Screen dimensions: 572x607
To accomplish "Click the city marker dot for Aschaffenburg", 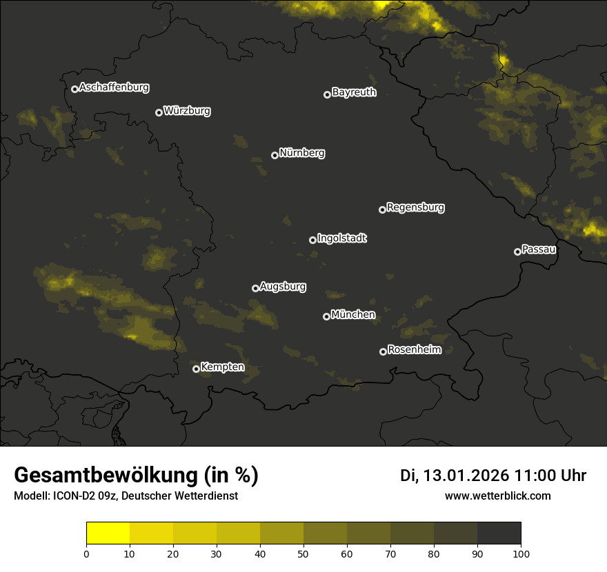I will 74,89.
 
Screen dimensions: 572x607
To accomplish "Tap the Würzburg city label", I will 187,111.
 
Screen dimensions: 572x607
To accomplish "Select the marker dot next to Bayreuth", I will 328,94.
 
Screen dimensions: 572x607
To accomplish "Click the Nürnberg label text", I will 302,153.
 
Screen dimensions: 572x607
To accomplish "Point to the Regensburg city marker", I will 382,210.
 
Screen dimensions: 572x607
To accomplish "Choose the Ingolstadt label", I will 342,238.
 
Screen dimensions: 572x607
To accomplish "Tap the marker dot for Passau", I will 517,252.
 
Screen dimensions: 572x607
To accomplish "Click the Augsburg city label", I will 283,287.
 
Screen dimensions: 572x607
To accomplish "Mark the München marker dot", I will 326,316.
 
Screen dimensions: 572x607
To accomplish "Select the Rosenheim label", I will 414,350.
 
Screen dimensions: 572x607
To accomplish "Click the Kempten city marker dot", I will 196,369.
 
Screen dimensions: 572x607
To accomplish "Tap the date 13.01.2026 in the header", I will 466,476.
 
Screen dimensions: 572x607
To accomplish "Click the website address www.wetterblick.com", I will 498,496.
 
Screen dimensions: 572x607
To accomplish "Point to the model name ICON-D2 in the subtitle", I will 72,496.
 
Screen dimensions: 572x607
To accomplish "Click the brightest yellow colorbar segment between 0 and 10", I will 108,533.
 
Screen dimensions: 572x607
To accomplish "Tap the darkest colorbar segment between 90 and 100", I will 499,533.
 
